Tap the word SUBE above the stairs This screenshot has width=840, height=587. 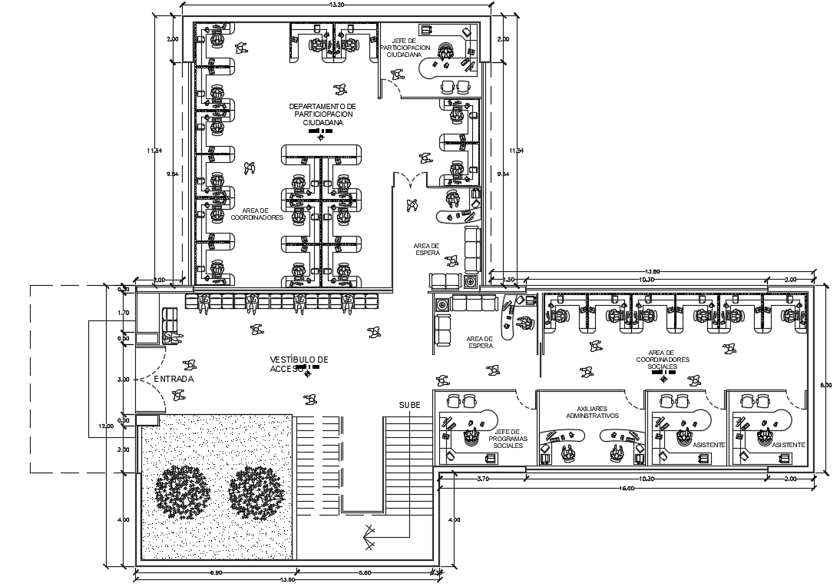pyautogui.click(x=409, y=404)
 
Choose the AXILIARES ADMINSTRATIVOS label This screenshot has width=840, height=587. pyautogui.click(x=592, y=412)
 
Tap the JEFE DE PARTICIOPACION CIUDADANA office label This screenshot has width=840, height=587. pyautogui.click(x=405, y=48)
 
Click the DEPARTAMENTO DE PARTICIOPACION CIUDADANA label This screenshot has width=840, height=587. pyautogui.click(x=322, y=114)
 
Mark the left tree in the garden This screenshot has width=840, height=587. pyautogui.click(x=182, y=492)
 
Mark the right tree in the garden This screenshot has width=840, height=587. pyautogui.click(x=257, y=492)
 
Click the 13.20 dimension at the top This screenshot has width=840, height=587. pyautogui.click(x=336, y=5)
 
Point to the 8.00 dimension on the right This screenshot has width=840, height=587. pyautogui.click(x=826, y=386)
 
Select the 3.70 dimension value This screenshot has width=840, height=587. pyautogui.click(x=482, y=479)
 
